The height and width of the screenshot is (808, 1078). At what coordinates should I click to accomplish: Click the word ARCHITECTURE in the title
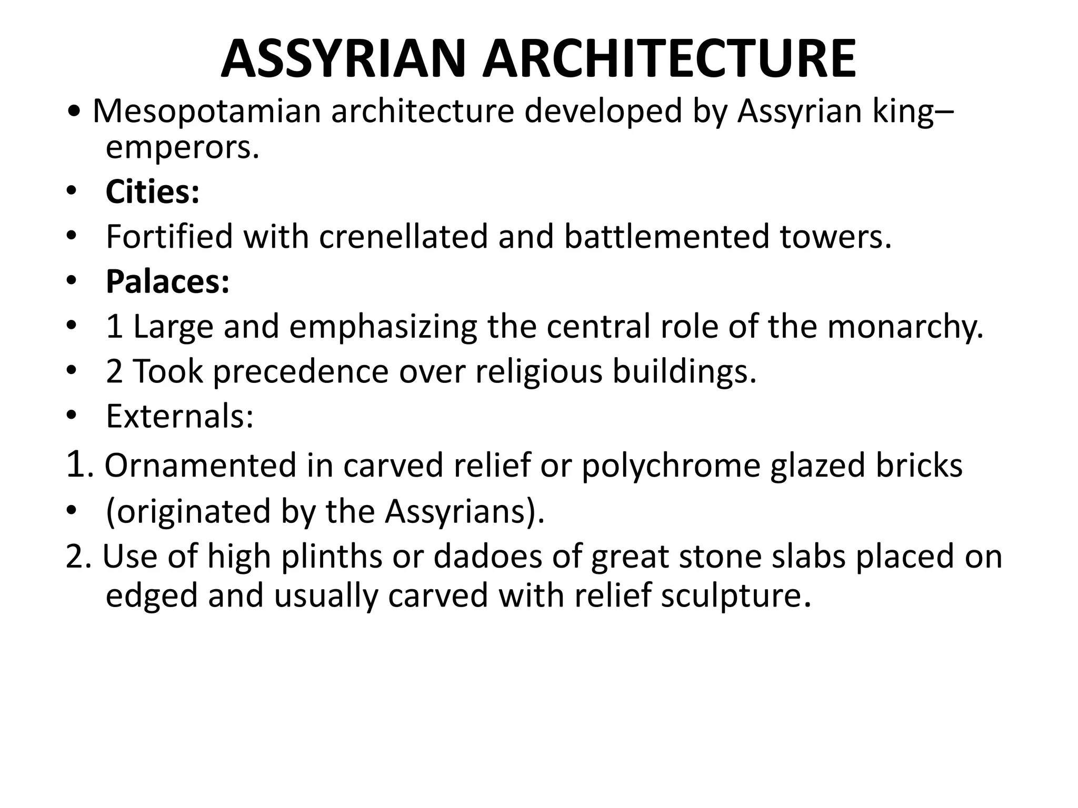pyautogui.click(x=670, y=59)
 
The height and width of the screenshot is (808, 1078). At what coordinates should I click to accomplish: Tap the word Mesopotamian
pyautogui.click(x=206, y=112)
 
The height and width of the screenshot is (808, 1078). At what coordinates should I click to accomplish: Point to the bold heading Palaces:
pyautogui.click(x=167, y=281)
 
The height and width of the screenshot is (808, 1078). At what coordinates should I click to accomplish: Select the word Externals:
pyautogui.click(x=179, y=417)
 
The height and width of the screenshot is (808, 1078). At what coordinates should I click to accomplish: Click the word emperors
pyautogui.click(x=182, y=148)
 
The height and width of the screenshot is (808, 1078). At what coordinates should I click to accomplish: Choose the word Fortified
pyautogui.click(x=169, y=237)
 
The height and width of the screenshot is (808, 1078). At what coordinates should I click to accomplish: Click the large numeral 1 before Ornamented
pyautogui.click(x=76, y=464)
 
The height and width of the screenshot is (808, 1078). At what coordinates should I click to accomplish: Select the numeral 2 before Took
pyautogui.click(x=114, y=372)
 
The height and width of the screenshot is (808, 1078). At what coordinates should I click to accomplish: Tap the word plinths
pyautogui.click(x=332, y=557)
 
